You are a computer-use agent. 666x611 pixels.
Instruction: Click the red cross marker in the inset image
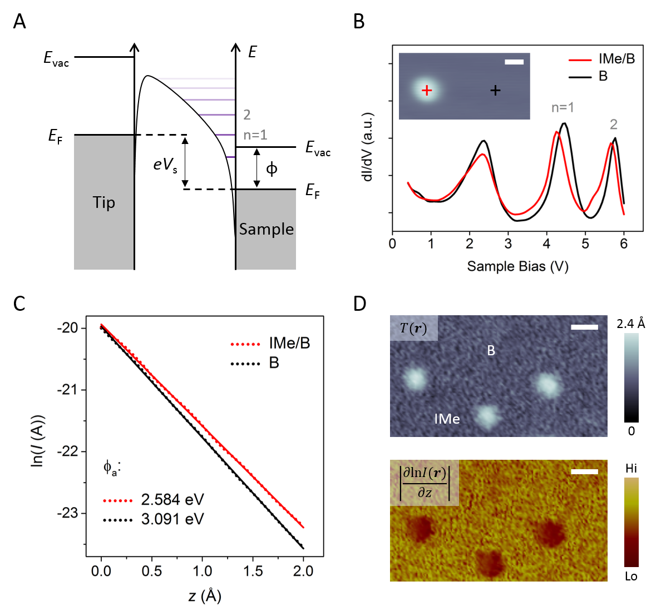click(x=427, y=91)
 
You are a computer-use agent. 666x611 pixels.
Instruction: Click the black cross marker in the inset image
click(x=495, y=90)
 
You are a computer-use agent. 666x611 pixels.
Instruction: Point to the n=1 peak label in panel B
click(x=563, y=107)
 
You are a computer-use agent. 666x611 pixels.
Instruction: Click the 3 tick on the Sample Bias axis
click(x=508, y=244)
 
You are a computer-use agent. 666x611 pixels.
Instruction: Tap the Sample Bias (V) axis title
click(x=517, y=266)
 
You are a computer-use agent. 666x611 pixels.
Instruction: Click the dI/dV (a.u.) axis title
click(x=368, y=147)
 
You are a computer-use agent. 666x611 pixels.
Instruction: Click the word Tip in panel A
click(x=104, y=202)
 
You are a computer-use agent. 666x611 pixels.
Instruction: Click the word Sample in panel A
click(x=266, y=229)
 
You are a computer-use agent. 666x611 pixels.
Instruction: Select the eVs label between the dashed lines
click(x=165, y=164)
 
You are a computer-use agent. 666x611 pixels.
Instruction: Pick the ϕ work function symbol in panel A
click(x=272, y=168)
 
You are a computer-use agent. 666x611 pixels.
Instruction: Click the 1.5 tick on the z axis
click(x=253, y=571)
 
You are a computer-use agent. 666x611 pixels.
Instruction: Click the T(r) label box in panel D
click(x=414, y=328)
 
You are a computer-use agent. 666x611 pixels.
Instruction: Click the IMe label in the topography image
click(x=447, y=419)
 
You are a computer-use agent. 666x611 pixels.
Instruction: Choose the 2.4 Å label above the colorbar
click(x=630, y=323)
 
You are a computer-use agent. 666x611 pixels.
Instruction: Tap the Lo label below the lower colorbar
click(x=631, y=577)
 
